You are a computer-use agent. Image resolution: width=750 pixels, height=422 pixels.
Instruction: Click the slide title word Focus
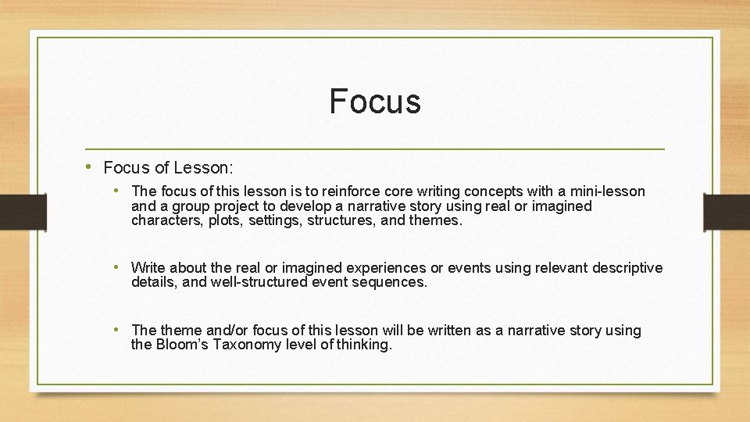click(x=375, y=102)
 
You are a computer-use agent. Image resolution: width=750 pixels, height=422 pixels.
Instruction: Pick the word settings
click(x=277, y=220)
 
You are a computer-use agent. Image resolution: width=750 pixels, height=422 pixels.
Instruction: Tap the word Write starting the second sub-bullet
click(x=148, y=268)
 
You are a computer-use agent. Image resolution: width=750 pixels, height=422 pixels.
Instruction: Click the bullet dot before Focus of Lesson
click(x=91, y=167)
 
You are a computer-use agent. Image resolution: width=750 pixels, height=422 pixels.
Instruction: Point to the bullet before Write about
click(x=119, y=267)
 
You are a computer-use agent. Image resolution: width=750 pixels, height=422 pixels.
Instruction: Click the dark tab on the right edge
click(x=727, y=211)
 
